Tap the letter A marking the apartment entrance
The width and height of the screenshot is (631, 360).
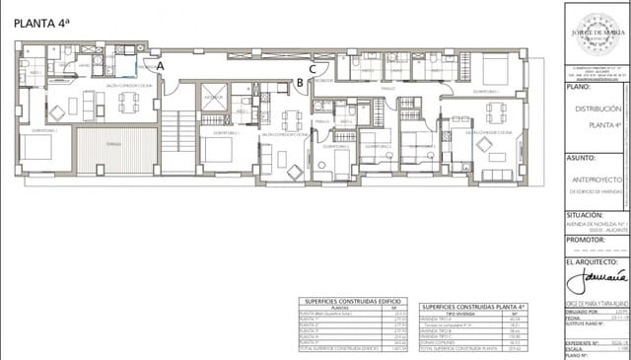(162, 64)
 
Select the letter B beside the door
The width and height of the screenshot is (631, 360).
(300, 83)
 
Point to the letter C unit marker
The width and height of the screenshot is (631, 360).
(313, 68)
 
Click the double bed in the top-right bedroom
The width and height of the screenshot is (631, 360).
(495, 69)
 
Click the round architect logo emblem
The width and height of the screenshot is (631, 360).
(596, 24)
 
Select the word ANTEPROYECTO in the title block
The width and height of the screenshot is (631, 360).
(599, 179)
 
